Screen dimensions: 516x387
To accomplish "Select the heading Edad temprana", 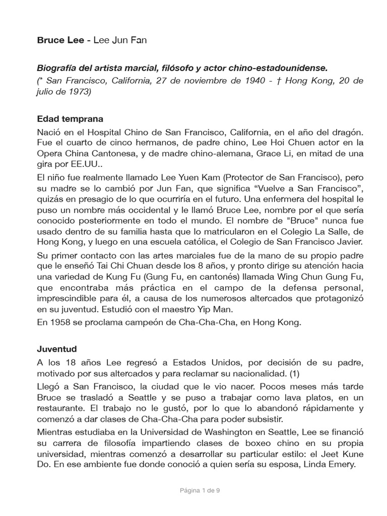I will click(70, 119).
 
